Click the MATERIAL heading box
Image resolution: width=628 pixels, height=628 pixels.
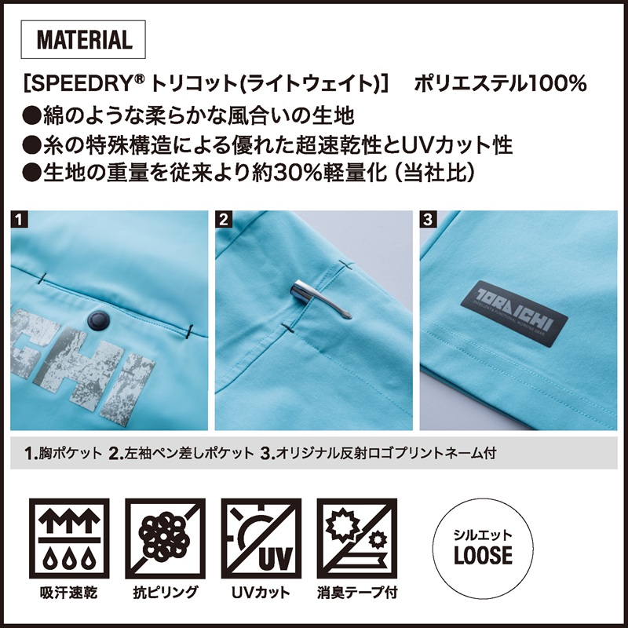click(83, 39)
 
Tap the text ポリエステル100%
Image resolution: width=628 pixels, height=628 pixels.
click(501, 83)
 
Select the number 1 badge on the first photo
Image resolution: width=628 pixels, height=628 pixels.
click(19, 219)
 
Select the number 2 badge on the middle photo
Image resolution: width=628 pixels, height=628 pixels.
click(224, 219)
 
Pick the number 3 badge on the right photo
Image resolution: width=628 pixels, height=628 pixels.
click(428, 219)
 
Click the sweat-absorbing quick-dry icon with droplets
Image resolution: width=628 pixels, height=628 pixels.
click(69, 539)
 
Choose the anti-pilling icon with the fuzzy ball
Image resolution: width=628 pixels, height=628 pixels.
click(165, 539)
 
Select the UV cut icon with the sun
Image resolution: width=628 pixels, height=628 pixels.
click(261, 539)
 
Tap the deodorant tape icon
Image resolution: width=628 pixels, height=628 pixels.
click(357, 539)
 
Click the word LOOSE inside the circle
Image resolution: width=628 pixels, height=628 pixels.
click(483, 555)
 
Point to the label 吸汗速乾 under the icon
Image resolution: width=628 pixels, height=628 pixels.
click(69, 593)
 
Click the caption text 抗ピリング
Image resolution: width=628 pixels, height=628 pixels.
click(166, 593)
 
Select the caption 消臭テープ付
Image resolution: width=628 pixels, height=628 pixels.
click(357, 593)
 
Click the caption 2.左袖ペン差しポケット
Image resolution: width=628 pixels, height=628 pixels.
click(181, 453)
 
